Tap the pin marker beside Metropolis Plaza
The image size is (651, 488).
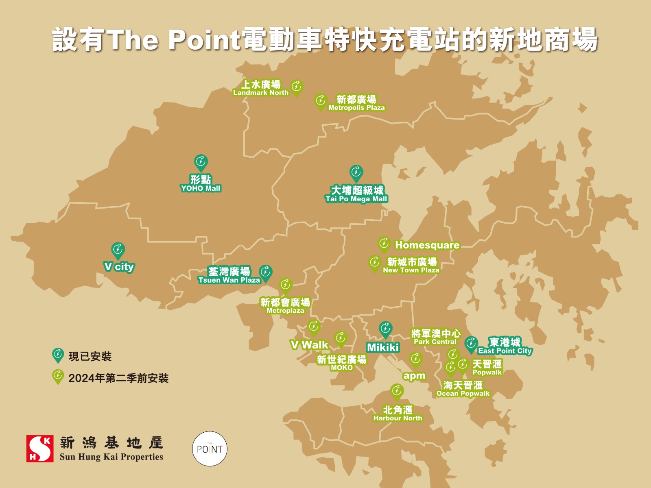click(321, 101)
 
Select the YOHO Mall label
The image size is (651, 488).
click(201, 183)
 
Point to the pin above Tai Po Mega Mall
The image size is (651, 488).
click(356, 173)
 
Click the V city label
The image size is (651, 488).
click(119, 267)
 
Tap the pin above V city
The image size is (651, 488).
click(118, 251)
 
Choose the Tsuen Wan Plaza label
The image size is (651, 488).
click(229, 275)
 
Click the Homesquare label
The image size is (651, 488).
click(427, 245)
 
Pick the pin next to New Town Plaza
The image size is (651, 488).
click(374, 263)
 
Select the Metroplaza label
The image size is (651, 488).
click(285, 306)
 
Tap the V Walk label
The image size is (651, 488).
click(309, 345)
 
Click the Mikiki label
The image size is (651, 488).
click(383, 347)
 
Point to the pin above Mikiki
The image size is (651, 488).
click(385, 329)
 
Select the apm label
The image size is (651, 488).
click(414, 376)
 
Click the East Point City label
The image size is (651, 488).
click(505, 346)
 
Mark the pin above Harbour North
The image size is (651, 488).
click(397, 392)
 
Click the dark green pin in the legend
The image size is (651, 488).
click(58, 355)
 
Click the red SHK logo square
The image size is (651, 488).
click(40, 449)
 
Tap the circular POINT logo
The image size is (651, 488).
click(210, 449)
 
